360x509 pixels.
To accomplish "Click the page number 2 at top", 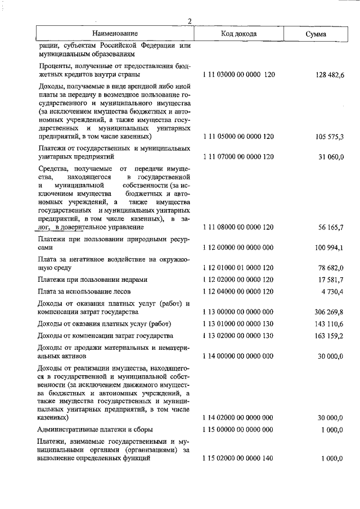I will click(190, 21).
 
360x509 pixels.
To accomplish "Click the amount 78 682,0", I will click(328, 268).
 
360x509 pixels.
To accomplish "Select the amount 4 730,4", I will click(331, 291).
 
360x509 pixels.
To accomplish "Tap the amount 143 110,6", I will click(326, 324).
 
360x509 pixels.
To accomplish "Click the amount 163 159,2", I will click(326, 336).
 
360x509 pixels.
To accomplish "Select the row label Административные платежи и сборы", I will click(95, 430).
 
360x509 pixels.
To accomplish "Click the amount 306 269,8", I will click(326, 312).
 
